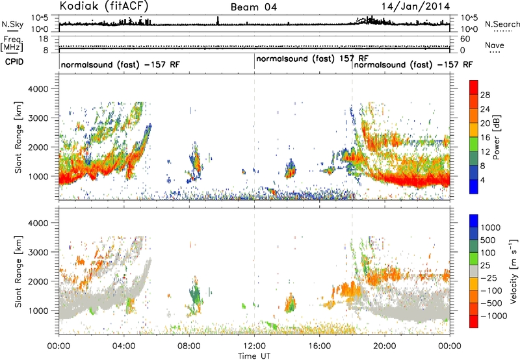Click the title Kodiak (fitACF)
coord(104,6)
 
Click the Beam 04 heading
coord(253,7)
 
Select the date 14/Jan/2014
coord(415,6)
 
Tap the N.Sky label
coord(12,24)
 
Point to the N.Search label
coord(502,24)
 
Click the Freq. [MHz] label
coord(12,44)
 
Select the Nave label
coord(494,45)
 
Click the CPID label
coord(14,62)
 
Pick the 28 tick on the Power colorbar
coord(485,95)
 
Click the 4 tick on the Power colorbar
coord(482,181)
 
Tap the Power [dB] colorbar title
coord(496,137)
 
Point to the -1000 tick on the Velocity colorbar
coord(494,316)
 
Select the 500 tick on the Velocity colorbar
coord(488,240)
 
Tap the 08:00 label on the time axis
coord(188,346)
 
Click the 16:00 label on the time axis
coord(319,346)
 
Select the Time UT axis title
coord(254,356)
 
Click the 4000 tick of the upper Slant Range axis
coord(38,89)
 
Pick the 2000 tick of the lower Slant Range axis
coord(38,281)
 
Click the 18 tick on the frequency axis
coord(44,39)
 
